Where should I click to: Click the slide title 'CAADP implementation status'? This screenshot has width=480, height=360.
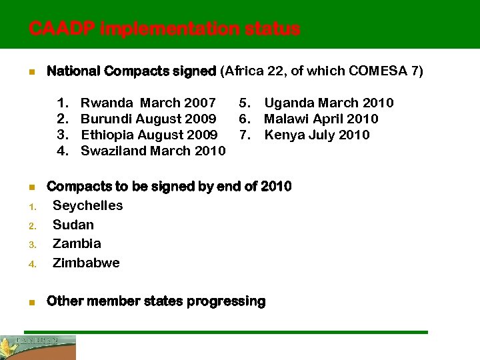pos(165,29)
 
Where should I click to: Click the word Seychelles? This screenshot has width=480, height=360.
pos(88,205)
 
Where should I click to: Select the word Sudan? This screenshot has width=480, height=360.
pos(73,225)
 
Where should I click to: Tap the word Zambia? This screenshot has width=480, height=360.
pos(77,243)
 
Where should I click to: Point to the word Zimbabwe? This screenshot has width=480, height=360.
pos(86,263)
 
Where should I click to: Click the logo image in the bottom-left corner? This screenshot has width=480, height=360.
pos(38,347)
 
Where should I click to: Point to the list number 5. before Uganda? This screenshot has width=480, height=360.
pos(245,103)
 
